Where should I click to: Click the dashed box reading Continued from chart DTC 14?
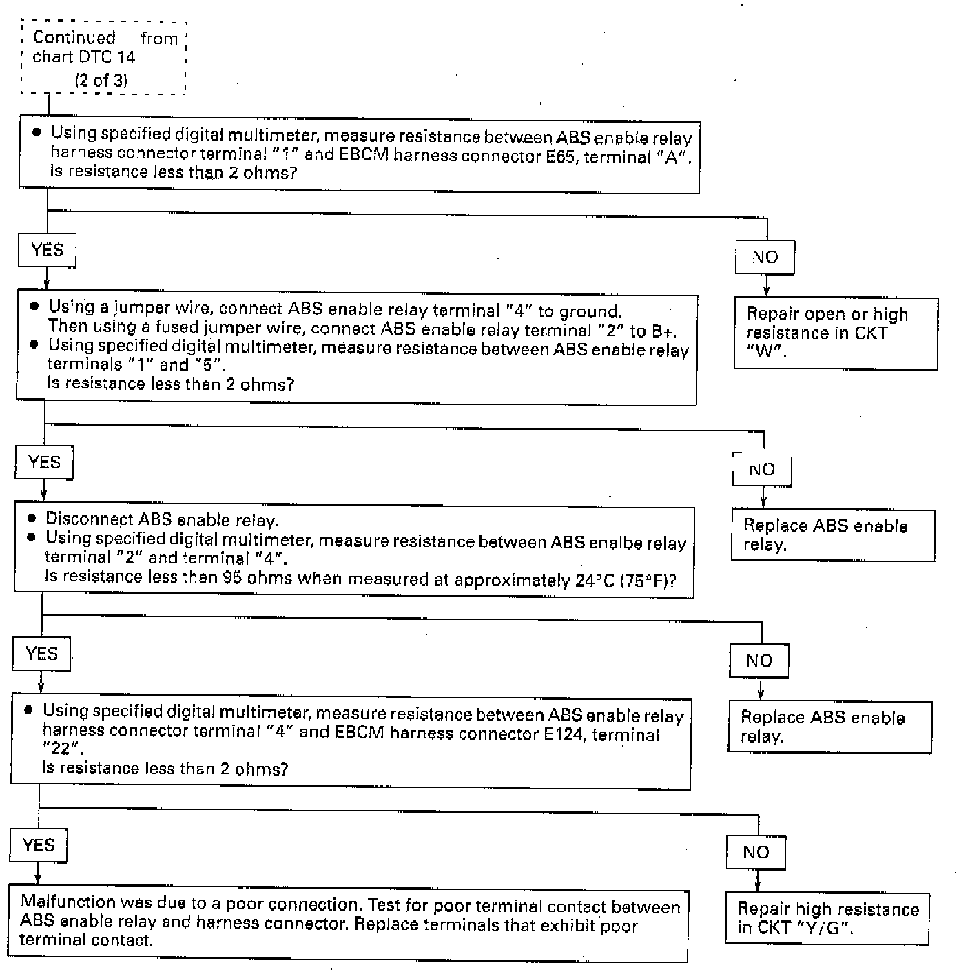(x=103, y=58)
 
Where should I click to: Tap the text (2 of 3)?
(x=101, y=81)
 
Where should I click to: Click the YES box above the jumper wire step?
(x=47, y=250)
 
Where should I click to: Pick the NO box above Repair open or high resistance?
(x=765, y=257)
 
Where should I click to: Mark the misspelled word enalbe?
(x=613, y=543)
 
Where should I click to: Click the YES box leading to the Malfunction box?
(x=39, y=845)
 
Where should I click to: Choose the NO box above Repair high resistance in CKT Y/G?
(x=756, y=852)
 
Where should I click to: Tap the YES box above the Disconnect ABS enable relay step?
(x=44, y=462)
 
